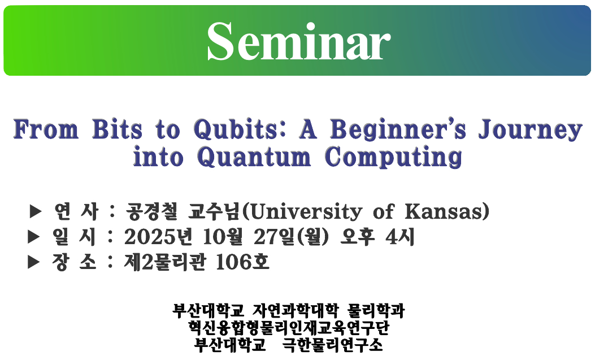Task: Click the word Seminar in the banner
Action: [x=299, y=41]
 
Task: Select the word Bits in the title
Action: [x=118, y=129]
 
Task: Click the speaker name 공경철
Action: [x=151, y=212]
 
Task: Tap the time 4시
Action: [x=400, y=237]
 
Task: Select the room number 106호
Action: [x=242, y=262]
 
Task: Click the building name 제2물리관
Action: [x=165, y=262]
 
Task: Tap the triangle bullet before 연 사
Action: [x=35, y=212]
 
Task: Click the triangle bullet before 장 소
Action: [x=34, y=262]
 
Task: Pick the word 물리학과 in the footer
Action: [x=376, y=311]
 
